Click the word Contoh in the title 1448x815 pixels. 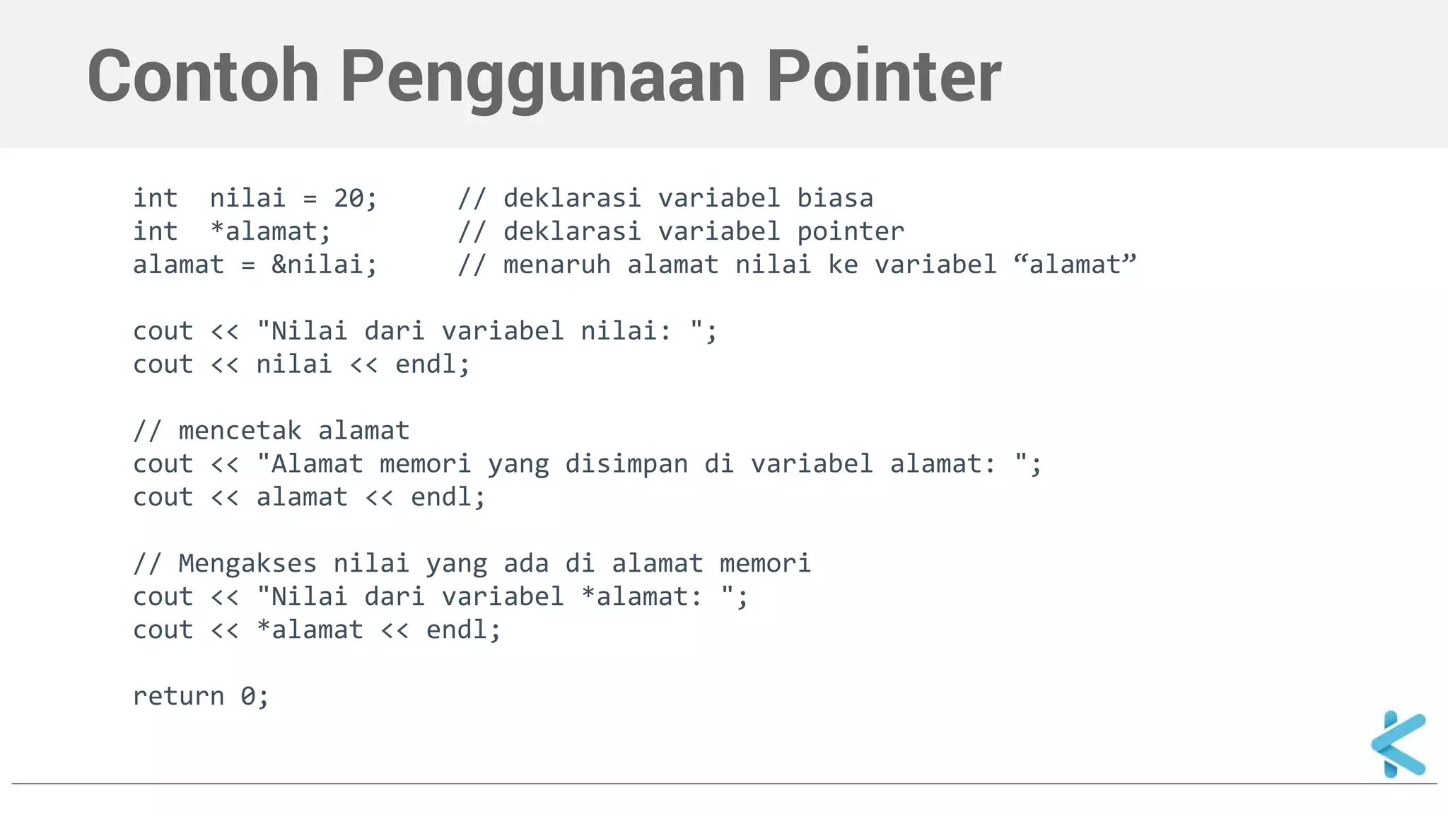click(203, 76)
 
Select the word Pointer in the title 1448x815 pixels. click(884, 76)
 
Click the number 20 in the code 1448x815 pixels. click(349, 199)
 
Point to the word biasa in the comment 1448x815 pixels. click(835, 199)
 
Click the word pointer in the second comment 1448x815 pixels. click(851, 232)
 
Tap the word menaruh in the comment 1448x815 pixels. click(556, 265)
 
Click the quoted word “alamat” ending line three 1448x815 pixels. click(1075, 265)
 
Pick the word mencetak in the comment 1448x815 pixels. click(240, 431)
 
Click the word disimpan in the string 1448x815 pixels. click(626, 464)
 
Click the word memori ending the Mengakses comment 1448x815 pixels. click(765, 564)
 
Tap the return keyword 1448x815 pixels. click(178, 696)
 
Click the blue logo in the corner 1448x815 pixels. click(1399, 744)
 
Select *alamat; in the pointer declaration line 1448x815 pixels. click(271, 232)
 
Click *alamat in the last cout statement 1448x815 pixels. click(310, 630)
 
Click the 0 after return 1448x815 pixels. click(247, 696)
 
